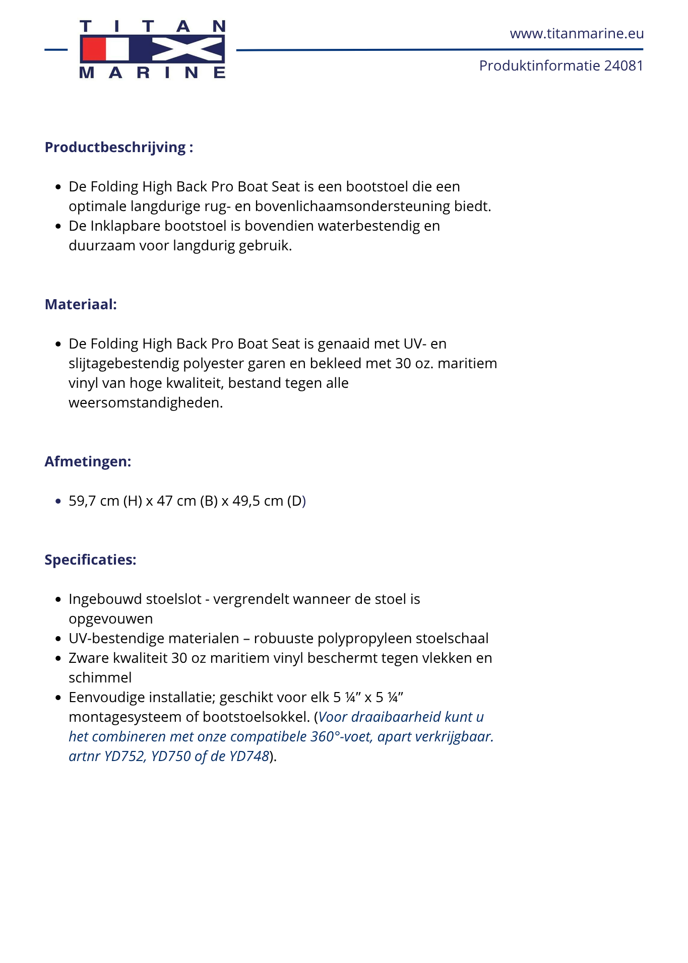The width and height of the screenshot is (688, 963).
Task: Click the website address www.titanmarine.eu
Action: [577, 34]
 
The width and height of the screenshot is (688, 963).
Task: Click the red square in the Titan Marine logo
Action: [94, 49]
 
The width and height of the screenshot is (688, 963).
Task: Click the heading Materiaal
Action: [81, 304]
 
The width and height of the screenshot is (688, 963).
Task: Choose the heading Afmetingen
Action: [88, 461]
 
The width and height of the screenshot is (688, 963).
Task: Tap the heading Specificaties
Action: [90, 560]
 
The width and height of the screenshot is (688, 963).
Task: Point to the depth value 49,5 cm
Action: [258, 501]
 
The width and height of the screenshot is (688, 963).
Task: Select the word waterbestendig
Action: [369, 226]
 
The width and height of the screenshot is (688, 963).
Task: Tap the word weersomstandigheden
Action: [146, 402]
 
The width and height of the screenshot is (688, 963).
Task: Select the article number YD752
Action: [124, 756]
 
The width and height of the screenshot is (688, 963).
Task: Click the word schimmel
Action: [100, 677]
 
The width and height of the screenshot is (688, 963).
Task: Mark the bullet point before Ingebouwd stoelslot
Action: [58, 599]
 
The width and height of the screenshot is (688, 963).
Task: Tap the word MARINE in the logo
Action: [152, 73]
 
